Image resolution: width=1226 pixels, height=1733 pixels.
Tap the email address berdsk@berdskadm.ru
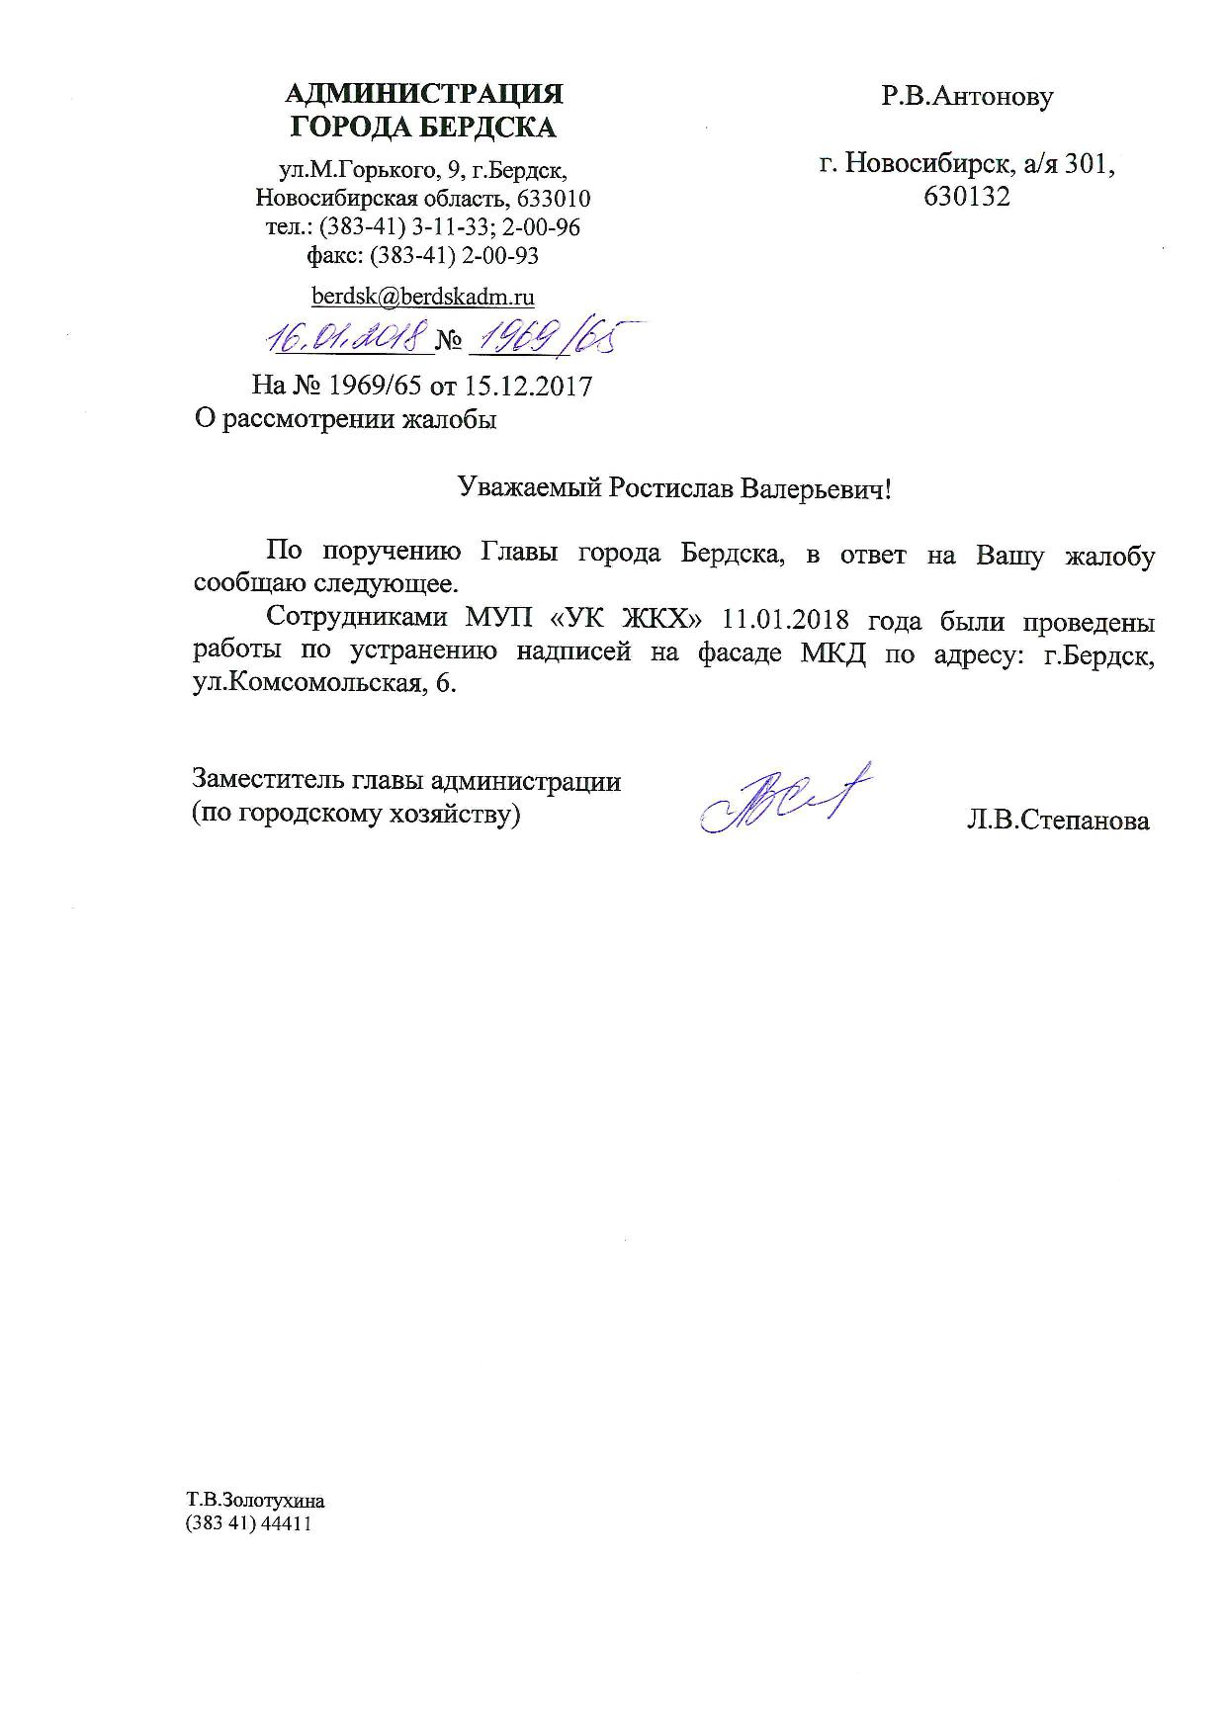pos(423,296)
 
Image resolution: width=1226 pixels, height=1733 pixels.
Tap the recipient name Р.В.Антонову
pos(968,97)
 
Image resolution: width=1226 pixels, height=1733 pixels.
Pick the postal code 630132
pos(967,197)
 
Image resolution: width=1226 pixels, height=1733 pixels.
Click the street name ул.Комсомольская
pos(302,685)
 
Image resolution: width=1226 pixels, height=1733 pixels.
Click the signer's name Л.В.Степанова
pos(1058,821)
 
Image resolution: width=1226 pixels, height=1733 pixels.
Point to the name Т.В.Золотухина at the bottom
pos(255,1500)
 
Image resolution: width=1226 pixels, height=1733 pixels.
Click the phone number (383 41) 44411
pos(249,1523)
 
